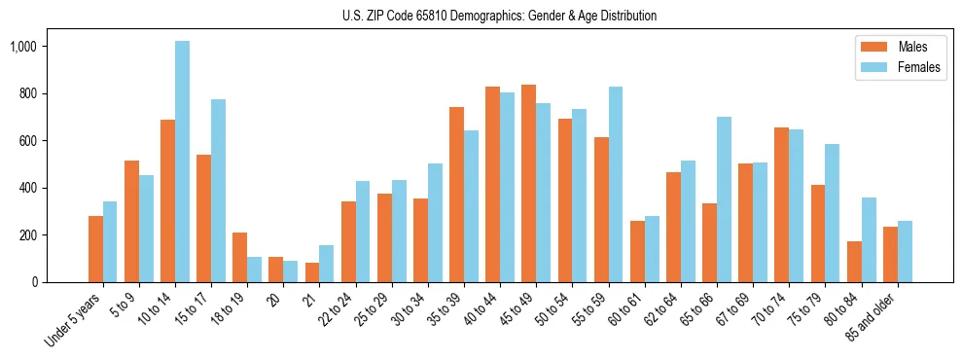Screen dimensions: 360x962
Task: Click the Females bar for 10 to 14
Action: pos(183,162)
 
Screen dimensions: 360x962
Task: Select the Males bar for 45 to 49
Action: pos(529,184)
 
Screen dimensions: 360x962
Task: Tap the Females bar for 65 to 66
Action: pos(724,199)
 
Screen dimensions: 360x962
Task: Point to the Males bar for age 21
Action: pos(312,272)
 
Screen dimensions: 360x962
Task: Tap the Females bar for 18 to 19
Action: pos(255,270)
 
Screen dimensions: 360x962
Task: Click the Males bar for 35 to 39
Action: pos(456,195)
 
